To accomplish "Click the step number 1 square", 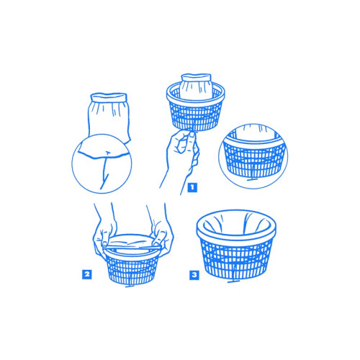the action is point(192,187).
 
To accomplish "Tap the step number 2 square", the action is point(86,274).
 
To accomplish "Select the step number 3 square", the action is point(194,275).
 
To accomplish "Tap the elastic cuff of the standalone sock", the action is point(109,98).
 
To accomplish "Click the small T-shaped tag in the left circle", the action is point(107,153).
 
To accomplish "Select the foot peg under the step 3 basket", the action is point(234,280).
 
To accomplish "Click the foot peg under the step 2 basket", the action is point(130,285).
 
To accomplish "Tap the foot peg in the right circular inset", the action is point(252,179).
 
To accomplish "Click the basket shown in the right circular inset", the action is point(254,156).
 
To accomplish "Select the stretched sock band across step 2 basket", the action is point(131,246).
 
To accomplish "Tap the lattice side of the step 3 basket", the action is point(235,261).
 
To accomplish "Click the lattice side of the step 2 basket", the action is point(132,269).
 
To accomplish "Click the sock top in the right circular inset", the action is point(254,132).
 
